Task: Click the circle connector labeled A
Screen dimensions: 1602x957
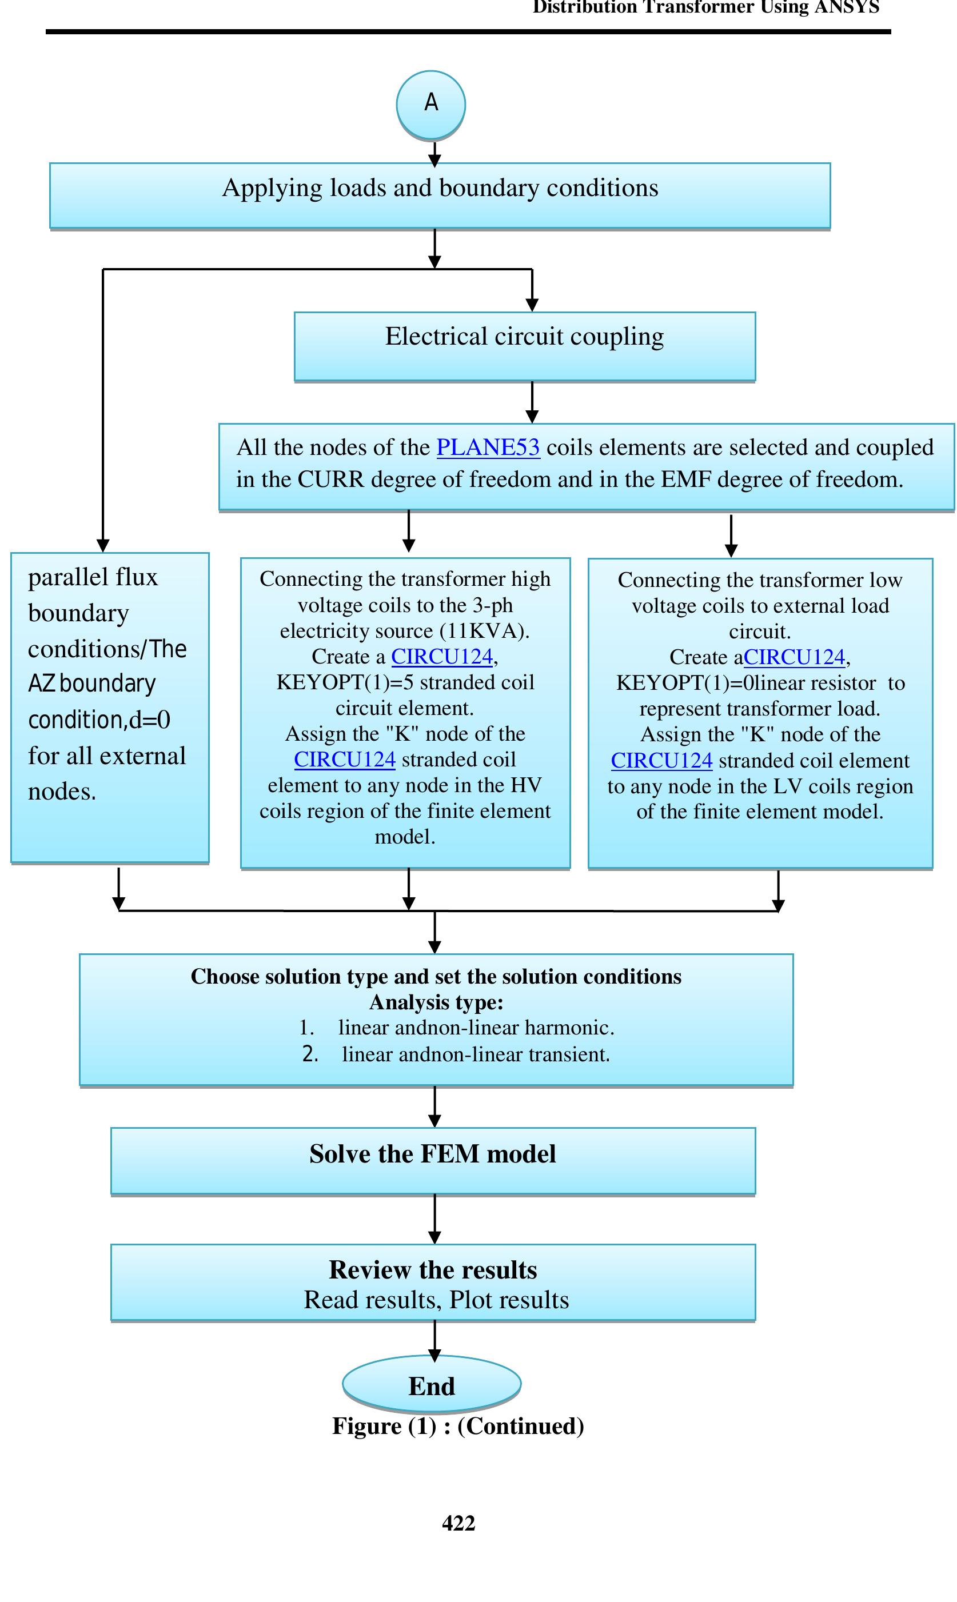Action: pyautogui.click(x=431, y=105)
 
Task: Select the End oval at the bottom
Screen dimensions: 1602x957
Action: pyautogui.click(x=432, y=1385)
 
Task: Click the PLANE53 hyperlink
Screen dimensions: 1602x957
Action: pyautogui.click(x=488, y=448)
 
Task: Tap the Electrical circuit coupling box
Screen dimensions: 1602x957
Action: pyautogui.click(x=524, y=346)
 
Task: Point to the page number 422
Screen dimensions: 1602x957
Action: pyautogui.click(x=458, y=1523)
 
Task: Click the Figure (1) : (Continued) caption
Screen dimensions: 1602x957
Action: pyautogui.click(x=458, y=1426)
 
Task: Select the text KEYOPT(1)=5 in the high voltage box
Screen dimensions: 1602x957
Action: pyautogui.click(x=336, y=682)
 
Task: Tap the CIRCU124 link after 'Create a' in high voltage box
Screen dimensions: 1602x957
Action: pyautogui.click(x=442, y=656)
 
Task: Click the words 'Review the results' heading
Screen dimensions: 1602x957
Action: pyautogui.click(x=433, y=1270)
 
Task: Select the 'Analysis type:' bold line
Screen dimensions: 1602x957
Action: pyautogui.click(x=436, y=1002)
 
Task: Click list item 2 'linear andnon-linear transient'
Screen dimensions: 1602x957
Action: pyautogui.click(x=475, y=1054)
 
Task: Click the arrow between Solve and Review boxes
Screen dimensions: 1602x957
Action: pyautogui.click(x=434, y=1220)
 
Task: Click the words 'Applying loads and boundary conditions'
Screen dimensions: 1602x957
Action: pyautogui.click(x=440, y=188)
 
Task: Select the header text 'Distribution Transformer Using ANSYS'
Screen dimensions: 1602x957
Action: pyautogui.click(x=705, y=8)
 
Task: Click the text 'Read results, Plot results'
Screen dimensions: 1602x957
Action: pyautogui.click(x=436, y=1300)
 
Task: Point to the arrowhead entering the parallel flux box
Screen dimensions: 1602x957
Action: pyautogui.click(x=103, y=545)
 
